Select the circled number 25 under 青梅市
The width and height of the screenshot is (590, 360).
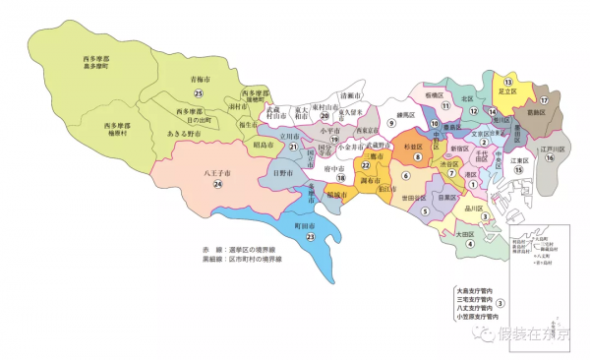click(199, 92)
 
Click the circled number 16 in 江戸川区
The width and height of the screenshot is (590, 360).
click(552, 157)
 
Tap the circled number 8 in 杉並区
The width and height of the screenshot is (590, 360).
click(417, 156)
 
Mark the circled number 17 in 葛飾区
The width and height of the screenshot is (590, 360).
click(543, 99)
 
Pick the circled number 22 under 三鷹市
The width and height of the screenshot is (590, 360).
click(366, 167)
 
